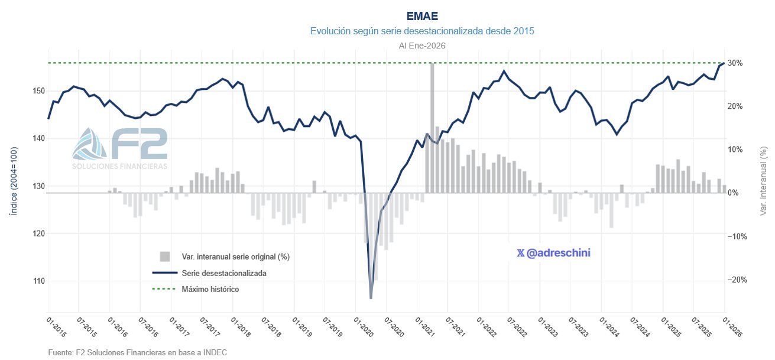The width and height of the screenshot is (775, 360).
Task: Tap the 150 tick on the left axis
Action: [38, 91]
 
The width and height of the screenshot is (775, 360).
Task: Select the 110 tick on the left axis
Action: [38, 281]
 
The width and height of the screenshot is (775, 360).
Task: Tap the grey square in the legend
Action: [165, 257]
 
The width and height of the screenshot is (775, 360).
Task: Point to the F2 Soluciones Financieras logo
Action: [120, 148]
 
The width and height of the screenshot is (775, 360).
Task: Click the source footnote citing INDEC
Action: [138, 352]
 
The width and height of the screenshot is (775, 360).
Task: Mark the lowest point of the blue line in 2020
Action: [371, 299]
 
